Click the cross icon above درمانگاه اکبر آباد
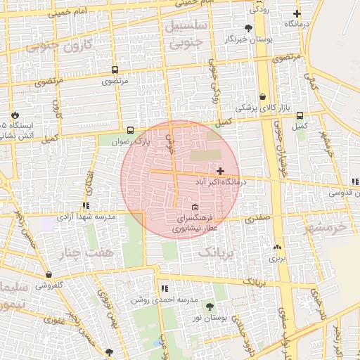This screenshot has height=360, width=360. click(221, 171)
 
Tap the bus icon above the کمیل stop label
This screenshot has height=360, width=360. click(300, 116)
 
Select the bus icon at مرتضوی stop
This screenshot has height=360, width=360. click(115, 70)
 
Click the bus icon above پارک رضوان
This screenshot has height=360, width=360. click(130, 131)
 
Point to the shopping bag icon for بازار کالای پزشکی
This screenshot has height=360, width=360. click(262, 97)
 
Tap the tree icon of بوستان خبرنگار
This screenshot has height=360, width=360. click(248, 28)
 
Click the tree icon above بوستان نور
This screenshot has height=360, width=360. click(210, 307)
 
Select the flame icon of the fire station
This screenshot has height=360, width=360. click(15, 114)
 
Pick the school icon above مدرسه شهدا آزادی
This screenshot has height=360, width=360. click(86, 206)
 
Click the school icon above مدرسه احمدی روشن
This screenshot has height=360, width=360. click(164, 288)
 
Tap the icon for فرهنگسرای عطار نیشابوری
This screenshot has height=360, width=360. click(195, 207)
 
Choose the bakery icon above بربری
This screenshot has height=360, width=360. click(277, 247)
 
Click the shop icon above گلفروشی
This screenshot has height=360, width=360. click(49, 275)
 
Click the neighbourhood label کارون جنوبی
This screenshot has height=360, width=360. click(50, 47)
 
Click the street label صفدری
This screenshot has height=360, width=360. click(257, 219)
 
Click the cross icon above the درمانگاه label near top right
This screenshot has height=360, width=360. click(297, 13)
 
